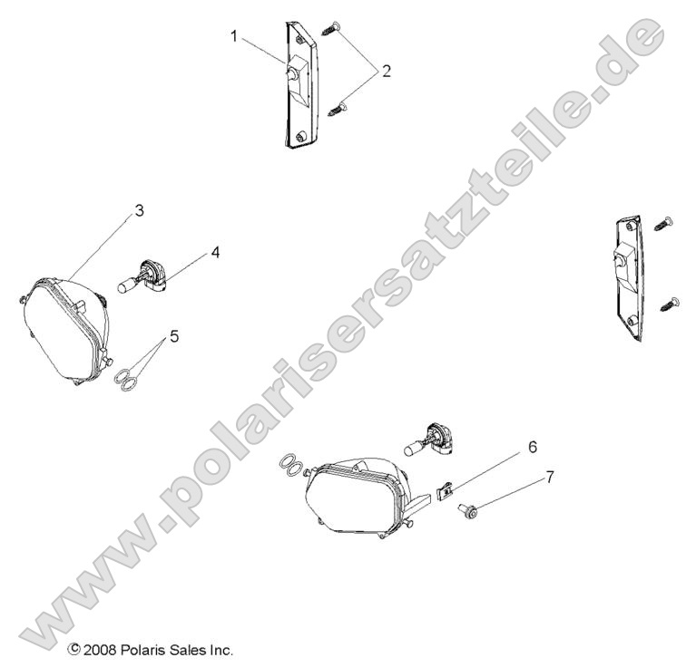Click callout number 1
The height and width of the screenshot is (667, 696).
click(x=234, y=37)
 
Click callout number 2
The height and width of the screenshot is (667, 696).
click(x=387, y=71)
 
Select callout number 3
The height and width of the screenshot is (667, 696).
click(x=139, y=210)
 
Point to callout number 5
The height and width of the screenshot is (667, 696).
click(x=174, y=335)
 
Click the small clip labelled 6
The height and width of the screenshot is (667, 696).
click(x=446, y=492)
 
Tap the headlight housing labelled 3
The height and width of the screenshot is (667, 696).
click(x=64, y=325)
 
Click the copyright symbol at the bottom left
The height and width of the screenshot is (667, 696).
click(x=74, y=650)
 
